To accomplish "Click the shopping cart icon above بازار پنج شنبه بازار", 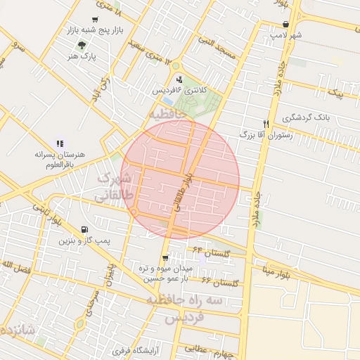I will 95,20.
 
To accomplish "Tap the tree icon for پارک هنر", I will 83,44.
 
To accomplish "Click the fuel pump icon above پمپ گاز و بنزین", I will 85,230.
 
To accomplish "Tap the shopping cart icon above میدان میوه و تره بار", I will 165,258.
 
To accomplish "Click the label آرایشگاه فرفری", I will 136,349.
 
